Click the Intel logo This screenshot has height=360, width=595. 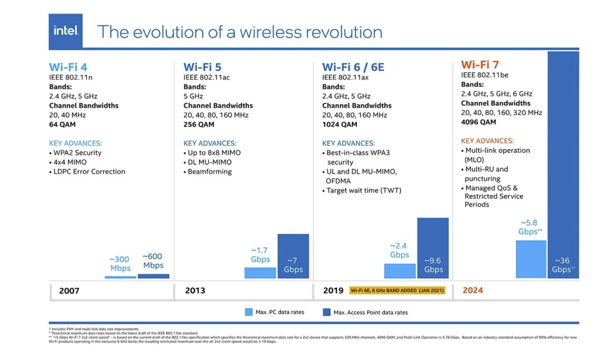point(65,31)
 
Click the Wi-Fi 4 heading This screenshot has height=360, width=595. point(68,67)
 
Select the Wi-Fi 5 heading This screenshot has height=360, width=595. point(202,67)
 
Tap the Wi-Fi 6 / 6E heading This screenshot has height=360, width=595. point(353,67)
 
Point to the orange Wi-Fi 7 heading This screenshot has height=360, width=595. point(480,65)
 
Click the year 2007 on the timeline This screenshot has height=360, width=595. point(69,291)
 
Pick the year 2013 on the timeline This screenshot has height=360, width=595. point(195,291)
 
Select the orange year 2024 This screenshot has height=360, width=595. point(473,290)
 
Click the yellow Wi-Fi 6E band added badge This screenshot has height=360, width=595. point(397,290)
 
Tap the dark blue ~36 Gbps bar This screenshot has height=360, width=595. point(563,165)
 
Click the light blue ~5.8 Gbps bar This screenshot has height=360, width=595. point(531,259)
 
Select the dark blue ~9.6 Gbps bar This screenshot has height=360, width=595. point(433,248)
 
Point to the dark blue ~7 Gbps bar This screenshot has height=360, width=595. point(293,256)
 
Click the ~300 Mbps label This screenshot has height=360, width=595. point(120,264)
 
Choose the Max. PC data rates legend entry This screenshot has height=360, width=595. point(274,312)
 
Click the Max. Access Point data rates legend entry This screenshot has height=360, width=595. point(365,312)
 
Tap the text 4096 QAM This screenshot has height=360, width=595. point(478,122)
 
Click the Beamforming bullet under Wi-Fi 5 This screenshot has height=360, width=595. point(210,172)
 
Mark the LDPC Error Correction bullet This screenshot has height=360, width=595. point(89,172)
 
